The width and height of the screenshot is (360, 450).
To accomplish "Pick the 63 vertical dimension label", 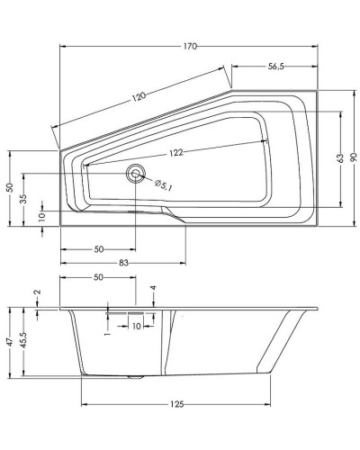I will pos(341,158).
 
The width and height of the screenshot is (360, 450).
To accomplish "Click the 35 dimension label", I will pos(22,199).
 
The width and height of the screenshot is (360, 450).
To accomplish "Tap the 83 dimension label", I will pos(122,263).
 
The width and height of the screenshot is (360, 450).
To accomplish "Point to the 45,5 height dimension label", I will pos(26,344).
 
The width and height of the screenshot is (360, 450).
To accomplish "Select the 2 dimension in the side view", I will pos(37,292).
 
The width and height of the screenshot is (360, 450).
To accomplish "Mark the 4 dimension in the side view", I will pos(154,290).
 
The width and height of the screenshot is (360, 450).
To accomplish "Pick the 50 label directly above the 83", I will pos(98,248).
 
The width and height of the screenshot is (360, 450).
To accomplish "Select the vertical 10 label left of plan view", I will pos(41,215).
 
